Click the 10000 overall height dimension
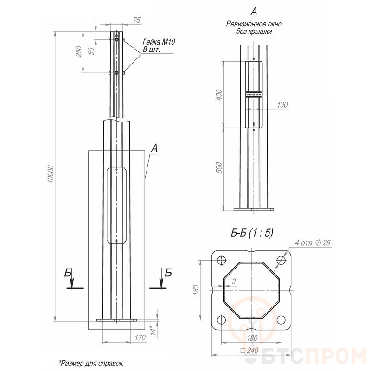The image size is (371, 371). (51, 173)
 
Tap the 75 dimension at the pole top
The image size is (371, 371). (136, 20)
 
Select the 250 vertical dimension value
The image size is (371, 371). (79, 51)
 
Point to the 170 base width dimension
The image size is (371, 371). (140, 338)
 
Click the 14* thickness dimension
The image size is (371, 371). (154, 330)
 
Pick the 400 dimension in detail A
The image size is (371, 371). (219, 95)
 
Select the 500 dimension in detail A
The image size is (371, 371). (219, 167)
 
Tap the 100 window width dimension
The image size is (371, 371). (282, 105)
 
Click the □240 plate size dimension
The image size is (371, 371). (249, 351)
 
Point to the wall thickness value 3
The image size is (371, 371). (234, 281)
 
